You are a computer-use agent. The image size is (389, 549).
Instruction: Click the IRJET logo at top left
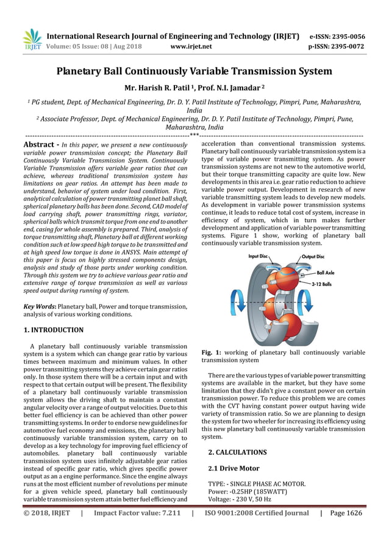click(x=31, y=40)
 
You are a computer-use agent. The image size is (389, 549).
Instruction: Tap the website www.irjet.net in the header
click(x=191, y=46)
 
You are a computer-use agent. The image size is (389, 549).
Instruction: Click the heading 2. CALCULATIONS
click(x=237, y=452)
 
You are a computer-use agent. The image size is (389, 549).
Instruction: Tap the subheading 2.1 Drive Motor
click(x=234, y=468)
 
